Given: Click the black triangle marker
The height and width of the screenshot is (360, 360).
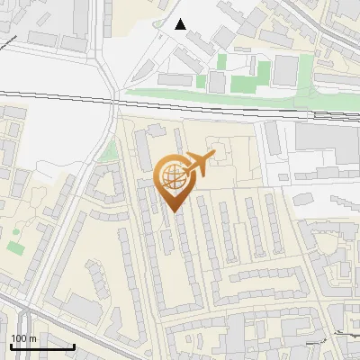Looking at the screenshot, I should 181,24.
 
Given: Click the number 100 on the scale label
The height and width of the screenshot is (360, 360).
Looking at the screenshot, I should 20,338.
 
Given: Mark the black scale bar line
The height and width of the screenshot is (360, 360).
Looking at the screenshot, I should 42,346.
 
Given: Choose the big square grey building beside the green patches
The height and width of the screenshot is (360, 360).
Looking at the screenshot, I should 285,70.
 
